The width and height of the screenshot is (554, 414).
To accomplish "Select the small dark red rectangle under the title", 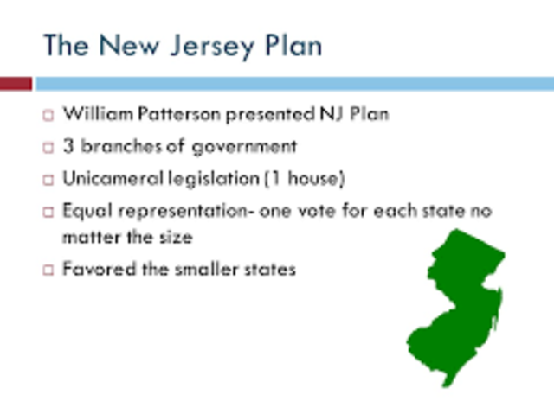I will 16,84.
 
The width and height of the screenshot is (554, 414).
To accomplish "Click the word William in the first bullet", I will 92,114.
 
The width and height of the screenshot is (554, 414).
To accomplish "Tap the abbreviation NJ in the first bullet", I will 306,114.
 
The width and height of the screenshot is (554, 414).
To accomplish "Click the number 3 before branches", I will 68,146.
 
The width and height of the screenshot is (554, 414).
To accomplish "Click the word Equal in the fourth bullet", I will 84,210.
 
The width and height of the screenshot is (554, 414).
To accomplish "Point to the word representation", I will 178,210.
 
